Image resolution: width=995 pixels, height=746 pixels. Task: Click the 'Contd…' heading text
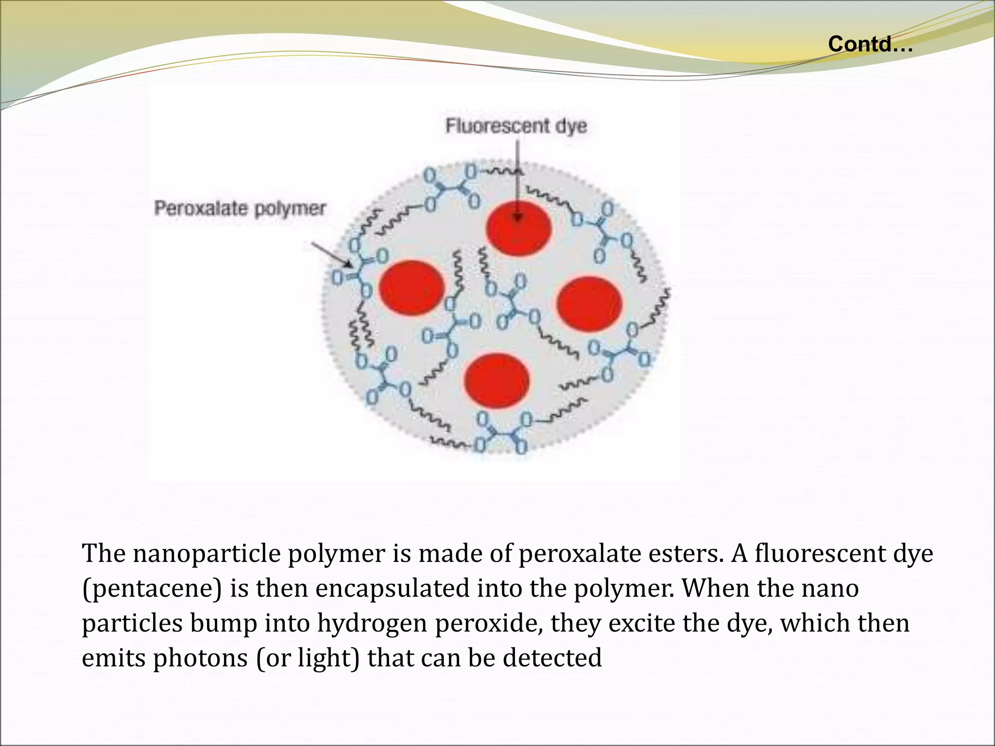(x=870, y=44)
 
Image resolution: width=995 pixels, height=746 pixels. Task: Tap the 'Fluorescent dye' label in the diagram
(x=516, y=126)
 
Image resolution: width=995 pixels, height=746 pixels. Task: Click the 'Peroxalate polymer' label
(x=240, y=209)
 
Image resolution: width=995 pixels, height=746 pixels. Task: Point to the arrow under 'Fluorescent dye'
(x=518, y=180)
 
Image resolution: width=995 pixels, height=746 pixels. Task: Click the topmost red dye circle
(x=518, y=229)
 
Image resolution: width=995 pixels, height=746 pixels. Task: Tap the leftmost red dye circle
(x=412, y=288)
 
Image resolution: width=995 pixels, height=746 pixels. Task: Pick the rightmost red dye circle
(x=589, y=304)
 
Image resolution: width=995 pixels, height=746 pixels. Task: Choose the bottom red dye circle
(x=497, y=381)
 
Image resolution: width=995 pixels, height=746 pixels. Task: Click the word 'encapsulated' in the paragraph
(x=392, y=589)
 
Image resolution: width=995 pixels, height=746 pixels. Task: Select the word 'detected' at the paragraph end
(x=552, y=659)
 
